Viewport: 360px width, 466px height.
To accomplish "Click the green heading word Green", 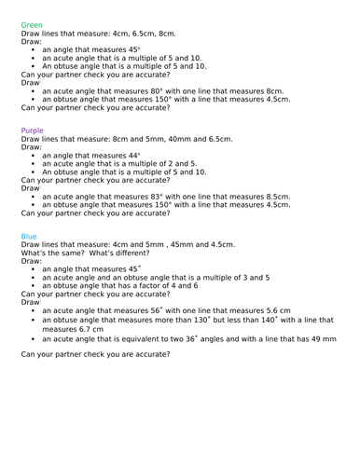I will [x=31, y=24].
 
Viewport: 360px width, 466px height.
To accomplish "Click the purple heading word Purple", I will [x=32, y=130].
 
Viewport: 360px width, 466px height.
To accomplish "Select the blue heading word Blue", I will [x=29, y=236].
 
